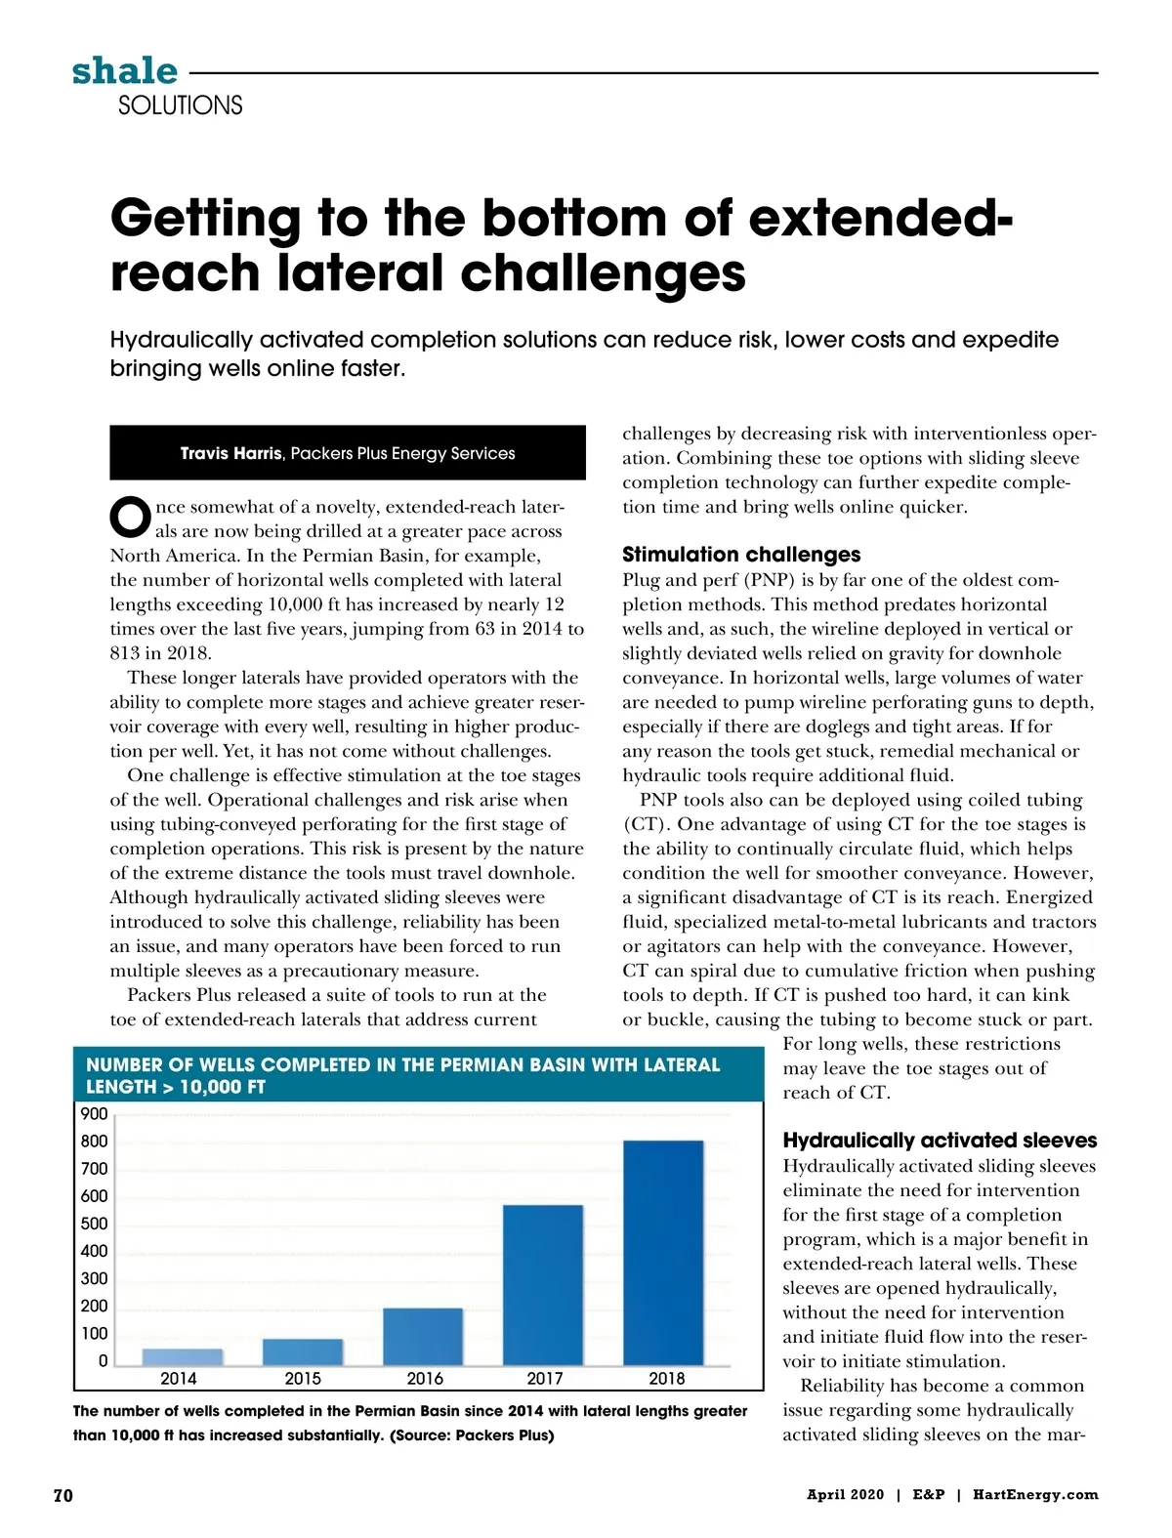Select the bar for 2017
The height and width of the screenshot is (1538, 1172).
coord(542,1284)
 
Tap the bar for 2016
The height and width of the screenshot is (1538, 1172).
coord(423,1336)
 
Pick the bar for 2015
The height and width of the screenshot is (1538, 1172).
coord(303,1351)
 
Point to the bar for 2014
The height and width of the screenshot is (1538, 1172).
coord(183,1356)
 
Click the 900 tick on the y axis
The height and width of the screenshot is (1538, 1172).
coord(95,1114)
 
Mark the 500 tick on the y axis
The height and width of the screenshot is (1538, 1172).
coord(95,1224)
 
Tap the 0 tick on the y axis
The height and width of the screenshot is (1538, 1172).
coord(103,1361)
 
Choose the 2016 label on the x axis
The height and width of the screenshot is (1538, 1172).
coord(425,1379)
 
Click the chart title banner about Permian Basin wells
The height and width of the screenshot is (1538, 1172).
coord(418,1075)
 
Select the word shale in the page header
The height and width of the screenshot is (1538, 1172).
coord(125,70)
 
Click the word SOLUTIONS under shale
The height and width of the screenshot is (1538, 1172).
coord(180,105)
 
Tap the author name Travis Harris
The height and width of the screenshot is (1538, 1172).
coord(231,453)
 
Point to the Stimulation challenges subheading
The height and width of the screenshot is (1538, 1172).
coord(741,555)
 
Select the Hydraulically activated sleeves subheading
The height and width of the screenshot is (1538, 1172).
coord(940,1141)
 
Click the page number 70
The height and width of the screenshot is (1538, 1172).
coord(63,1495)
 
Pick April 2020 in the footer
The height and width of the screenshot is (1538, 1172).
coord(845,1495)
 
